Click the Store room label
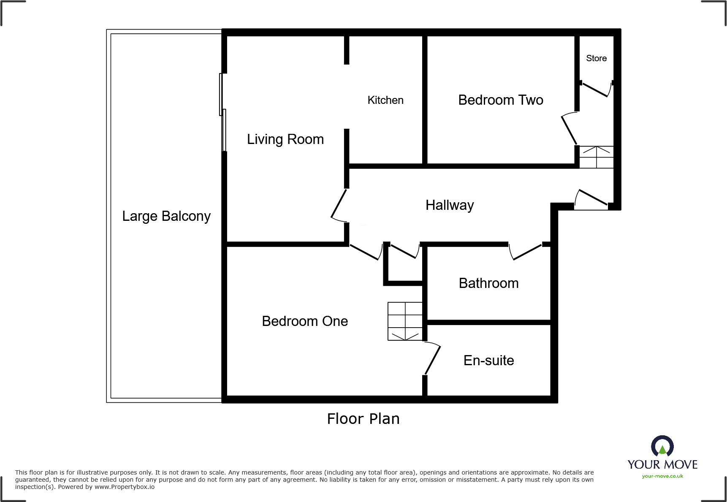(x=596, y=58)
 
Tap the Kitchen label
(x=385, y=100)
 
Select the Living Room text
(x=285, y=139)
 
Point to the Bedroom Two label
(x=500, y=100)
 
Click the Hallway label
(x=449, y=205)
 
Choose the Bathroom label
(x=488, y=283)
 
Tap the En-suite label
(x=488, y=361)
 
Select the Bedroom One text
(x=305, y=321)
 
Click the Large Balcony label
(x=166, y=216)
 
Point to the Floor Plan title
(x=363, y=419)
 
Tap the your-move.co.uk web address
(x=662, y=476)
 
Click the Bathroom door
(x=526, y=252)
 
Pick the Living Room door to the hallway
(x=339, y=204)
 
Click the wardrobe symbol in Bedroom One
(x=405, y=321)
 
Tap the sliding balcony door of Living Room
(x=222, y=112)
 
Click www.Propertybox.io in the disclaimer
(x=124, y=487)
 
